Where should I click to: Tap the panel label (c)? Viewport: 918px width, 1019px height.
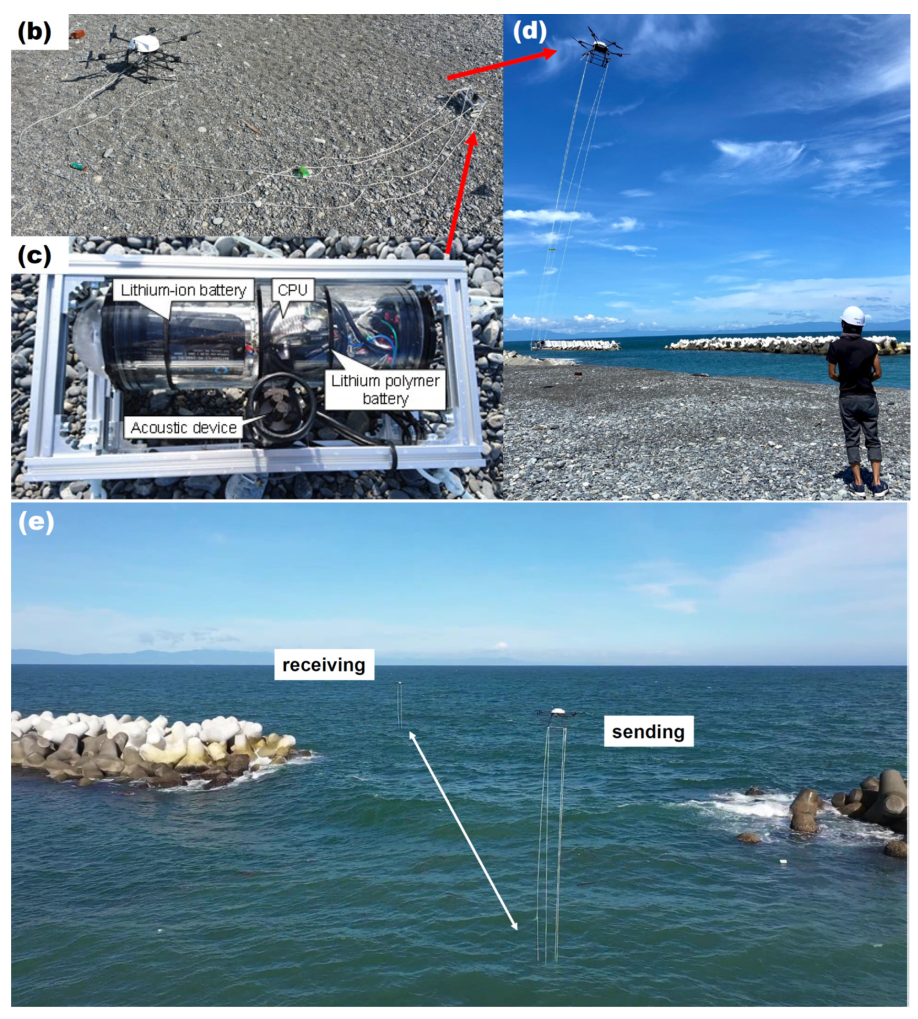click(x=35, y=256)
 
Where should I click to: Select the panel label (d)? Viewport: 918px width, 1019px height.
click(x=530, y=31)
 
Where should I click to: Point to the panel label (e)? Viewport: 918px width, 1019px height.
click(x=36, y=523)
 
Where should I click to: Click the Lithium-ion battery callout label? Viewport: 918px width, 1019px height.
click(x=183, y=290)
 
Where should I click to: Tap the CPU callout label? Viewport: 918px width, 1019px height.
click(x=293, y=290)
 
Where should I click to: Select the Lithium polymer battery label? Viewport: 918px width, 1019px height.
click(x=385, y=389)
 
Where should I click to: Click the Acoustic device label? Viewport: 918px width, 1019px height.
click(x=184, y=428)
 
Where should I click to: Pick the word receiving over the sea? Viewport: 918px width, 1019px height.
click(x=324, y=665)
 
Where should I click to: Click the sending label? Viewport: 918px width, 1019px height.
click(x=648, y=731)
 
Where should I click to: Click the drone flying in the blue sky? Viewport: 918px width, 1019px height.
click(x=600, y=48)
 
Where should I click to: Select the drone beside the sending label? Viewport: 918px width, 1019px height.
click(x=557, y=712)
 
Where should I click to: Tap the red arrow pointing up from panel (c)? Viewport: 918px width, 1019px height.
click(x=460, y=192)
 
